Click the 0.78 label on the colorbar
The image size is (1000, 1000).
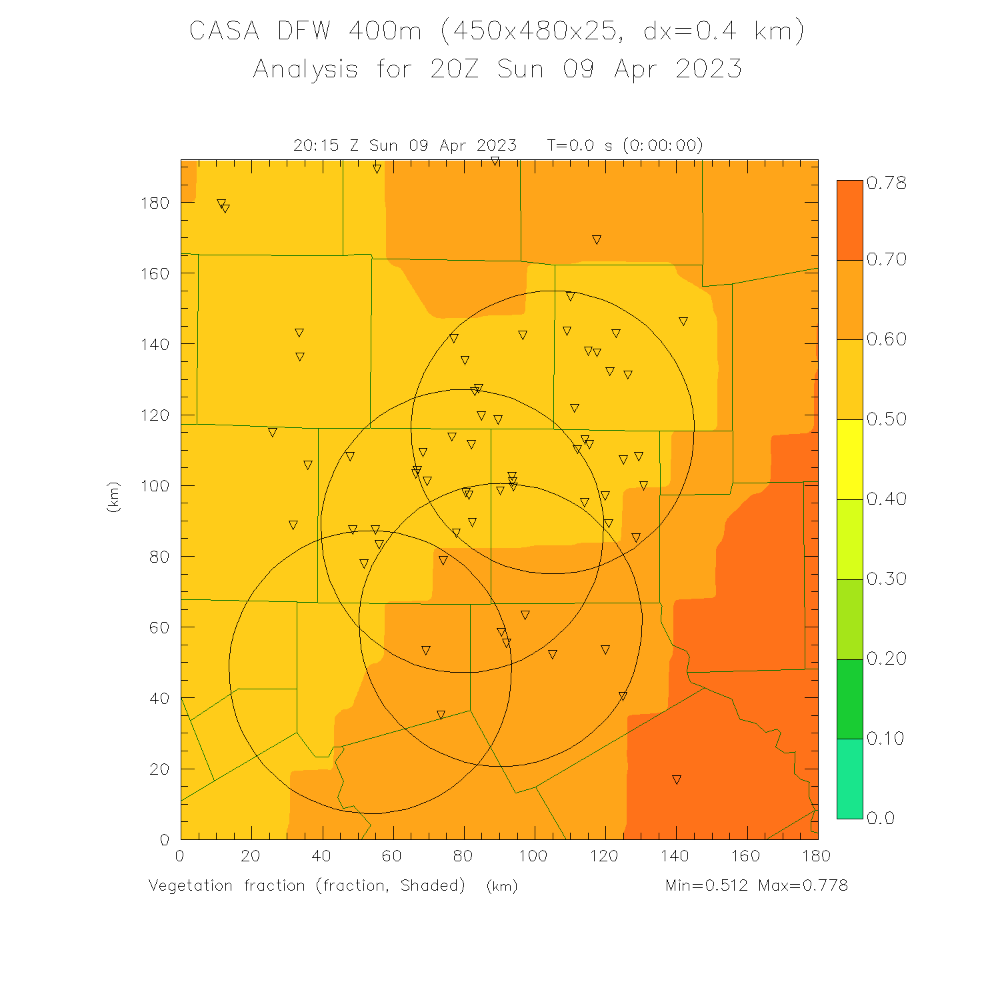[x=887, y=183]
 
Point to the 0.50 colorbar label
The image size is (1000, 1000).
[x=887, y=419]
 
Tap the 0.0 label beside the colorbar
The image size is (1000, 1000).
[x=881, y=819]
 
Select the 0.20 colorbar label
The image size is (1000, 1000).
[x=887, y=659]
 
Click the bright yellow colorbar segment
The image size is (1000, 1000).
[x=849, y=459]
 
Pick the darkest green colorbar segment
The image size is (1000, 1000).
[x=849, y=699]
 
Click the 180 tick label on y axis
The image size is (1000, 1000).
[x=155, y=203]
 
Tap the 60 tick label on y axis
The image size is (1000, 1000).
[x=159, y=627]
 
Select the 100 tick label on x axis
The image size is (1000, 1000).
[x=533, y=856]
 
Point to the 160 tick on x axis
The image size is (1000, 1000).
[x=746, y=856]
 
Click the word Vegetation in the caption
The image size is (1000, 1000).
[x=191, y=885]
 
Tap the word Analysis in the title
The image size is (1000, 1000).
[x=306, y=69]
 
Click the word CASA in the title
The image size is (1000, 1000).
[x=224, y=31]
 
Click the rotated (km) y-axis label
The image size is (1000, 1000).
[x=113, y=497]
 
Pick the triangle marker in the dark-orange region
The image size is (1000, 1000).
[x=677, y=780]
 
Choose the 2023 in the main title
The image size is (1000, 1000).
[x=709, y=69]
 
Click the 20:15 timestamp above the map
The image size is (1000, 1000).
[x=316, y=145]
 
